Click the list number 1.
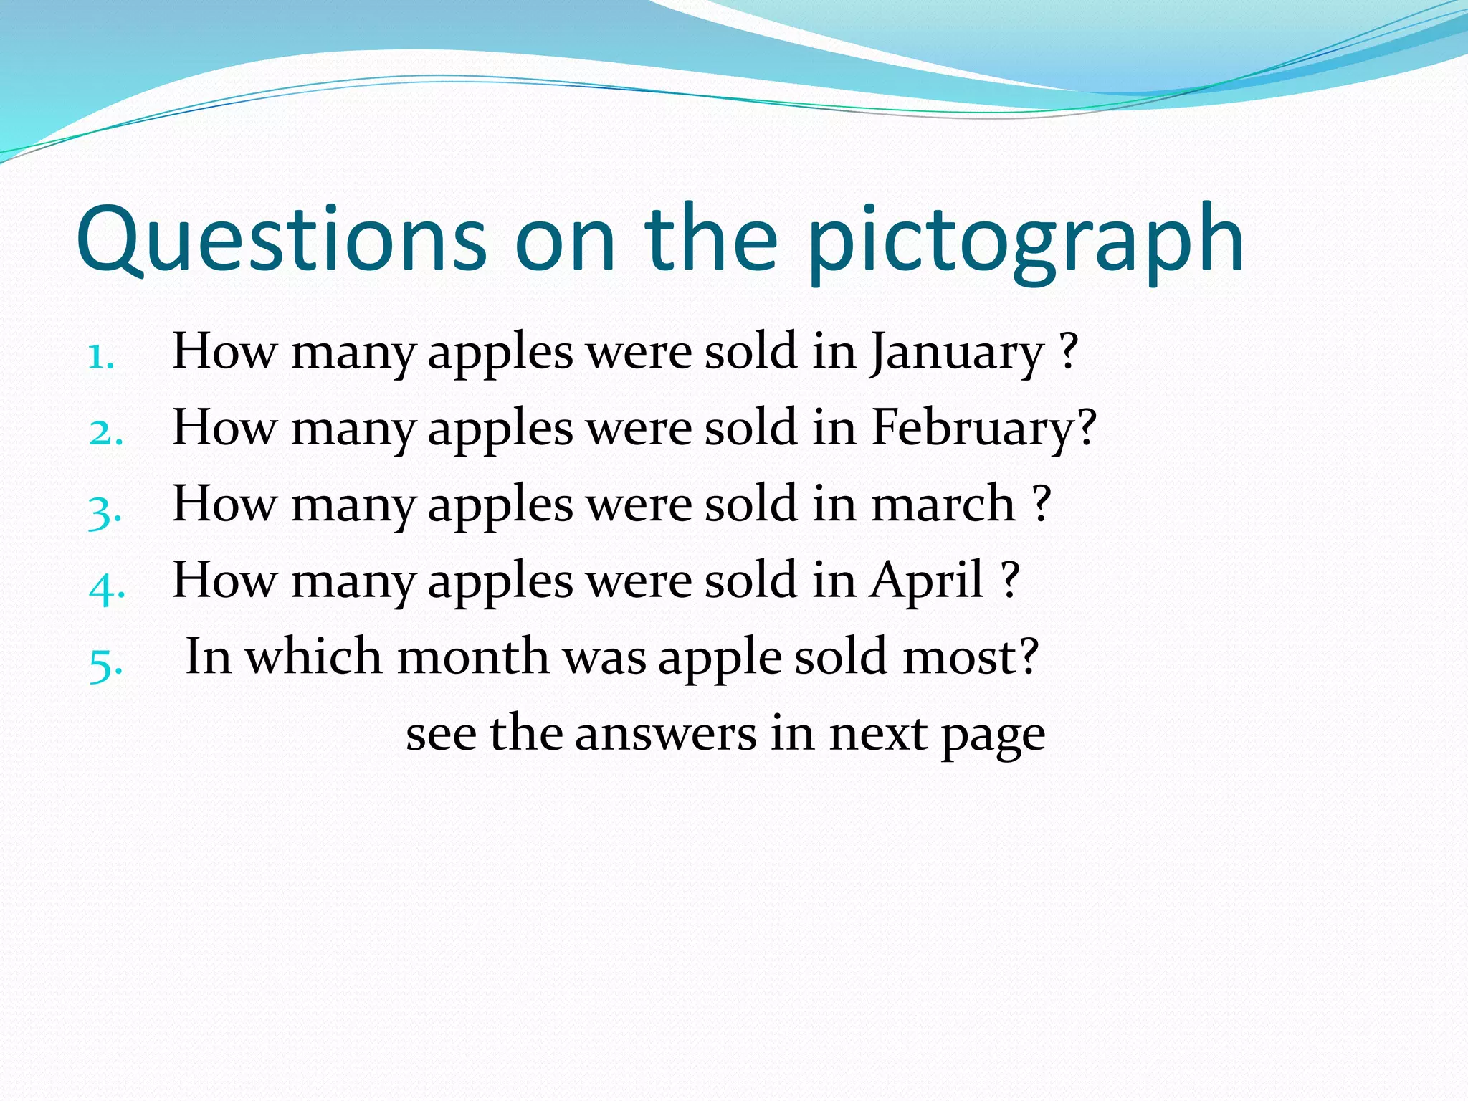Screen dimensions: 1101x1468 pos(101,356)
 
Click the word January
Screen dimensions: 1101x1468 pos(957,354)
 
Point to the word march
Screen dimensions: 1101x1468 pos(943,504)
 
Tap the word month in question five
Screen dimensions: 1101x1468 pos(473,657)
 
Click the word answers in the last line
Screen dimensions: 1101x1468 pos(665,734)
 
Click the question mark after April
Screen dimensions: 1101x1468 pos(1009,578)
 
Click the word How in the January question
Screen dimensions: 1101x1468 pos(224,352)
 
